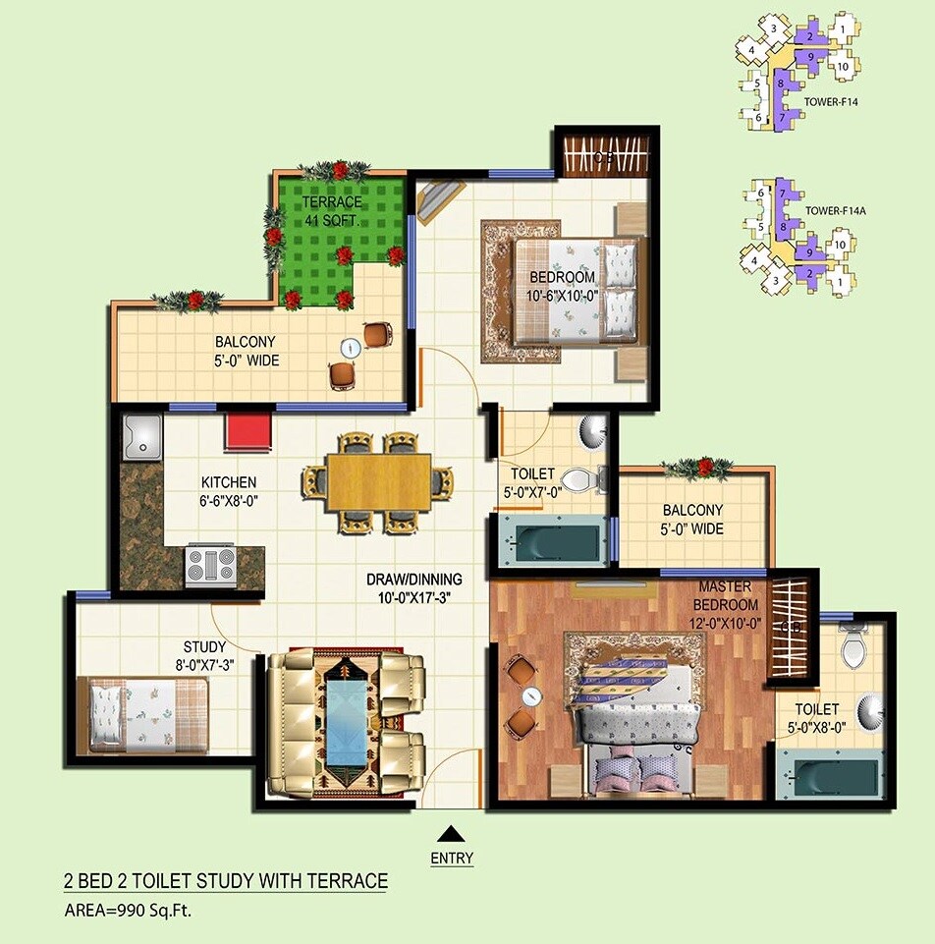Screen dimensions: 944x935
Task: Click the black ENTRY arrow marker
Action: (x=451, y=834)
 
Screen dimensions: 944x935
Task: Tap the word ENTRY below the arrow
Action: (x=451, y=858)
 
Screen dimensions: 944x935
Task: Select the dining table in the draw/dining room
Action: (x=379, y=481)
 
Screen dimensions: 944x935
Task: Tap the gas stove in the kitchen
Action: (x=211, y=567)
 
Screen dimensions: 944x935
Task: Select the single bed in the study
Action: (x=148, y=714)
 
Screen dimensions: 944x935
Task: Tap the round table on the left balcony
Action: (x=351, y=348)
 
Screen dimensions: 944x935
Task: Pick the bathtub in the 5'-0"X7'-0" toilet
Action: (x=548, y=543)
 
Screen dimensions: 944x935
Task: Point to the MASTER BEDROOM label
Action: (x=726, y=596)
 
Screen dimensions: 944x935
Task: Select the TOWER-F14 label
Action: (x=832, y=99)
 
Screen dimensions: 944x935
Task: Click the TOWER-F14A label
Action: (x=835, y=210)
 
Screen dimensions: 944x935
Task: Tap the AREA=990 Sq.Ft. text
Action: (x=128, y=910)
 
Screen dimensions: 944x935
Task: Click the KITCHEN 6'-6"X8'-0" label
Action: (x=229, y=491)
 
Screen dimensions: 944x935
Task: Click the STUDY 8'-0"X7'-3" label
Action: (x=204, y=655)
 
